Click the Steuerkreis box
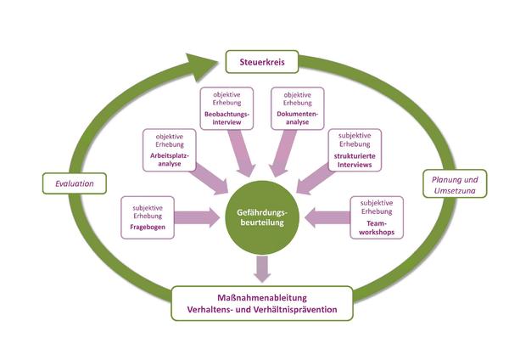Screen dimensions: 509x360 pos(262,62)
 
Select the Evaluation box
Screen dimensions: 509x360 pos(75,183)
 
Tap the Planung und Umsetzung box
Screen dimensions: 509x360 pos(455,184)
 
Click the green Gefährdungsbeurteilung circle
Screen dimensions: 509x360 pos(262,217)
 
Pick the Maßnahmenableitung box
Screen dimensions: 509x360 pos(262,303)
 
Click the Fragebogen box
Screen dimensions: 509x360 pos(148,217)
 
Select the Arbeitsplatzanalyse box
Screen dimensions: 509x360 pos(170,150)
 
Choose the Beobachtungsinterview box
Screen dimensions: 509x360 pos(227,109)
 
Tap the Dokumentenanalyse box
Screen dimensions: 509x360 pos(298,109)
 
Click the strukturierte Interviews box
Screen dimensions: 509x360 pos(355,150)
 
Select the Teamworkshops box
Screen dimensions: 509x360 pos(377,217)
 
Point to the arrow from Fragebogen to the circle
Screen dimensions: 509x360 pos(197,217)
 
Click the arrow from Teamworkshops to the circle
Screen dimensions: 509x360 pos(327,217)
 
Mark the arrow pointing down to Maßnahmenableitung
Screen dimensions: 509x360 pos(262,269)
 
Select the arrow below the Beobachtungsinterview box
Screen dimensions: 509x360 pos(242,153)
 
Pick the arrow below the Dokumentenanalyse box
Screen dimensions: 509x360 pos(283,153)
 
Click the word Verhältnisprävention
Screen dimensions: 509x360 pos(294,309)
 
